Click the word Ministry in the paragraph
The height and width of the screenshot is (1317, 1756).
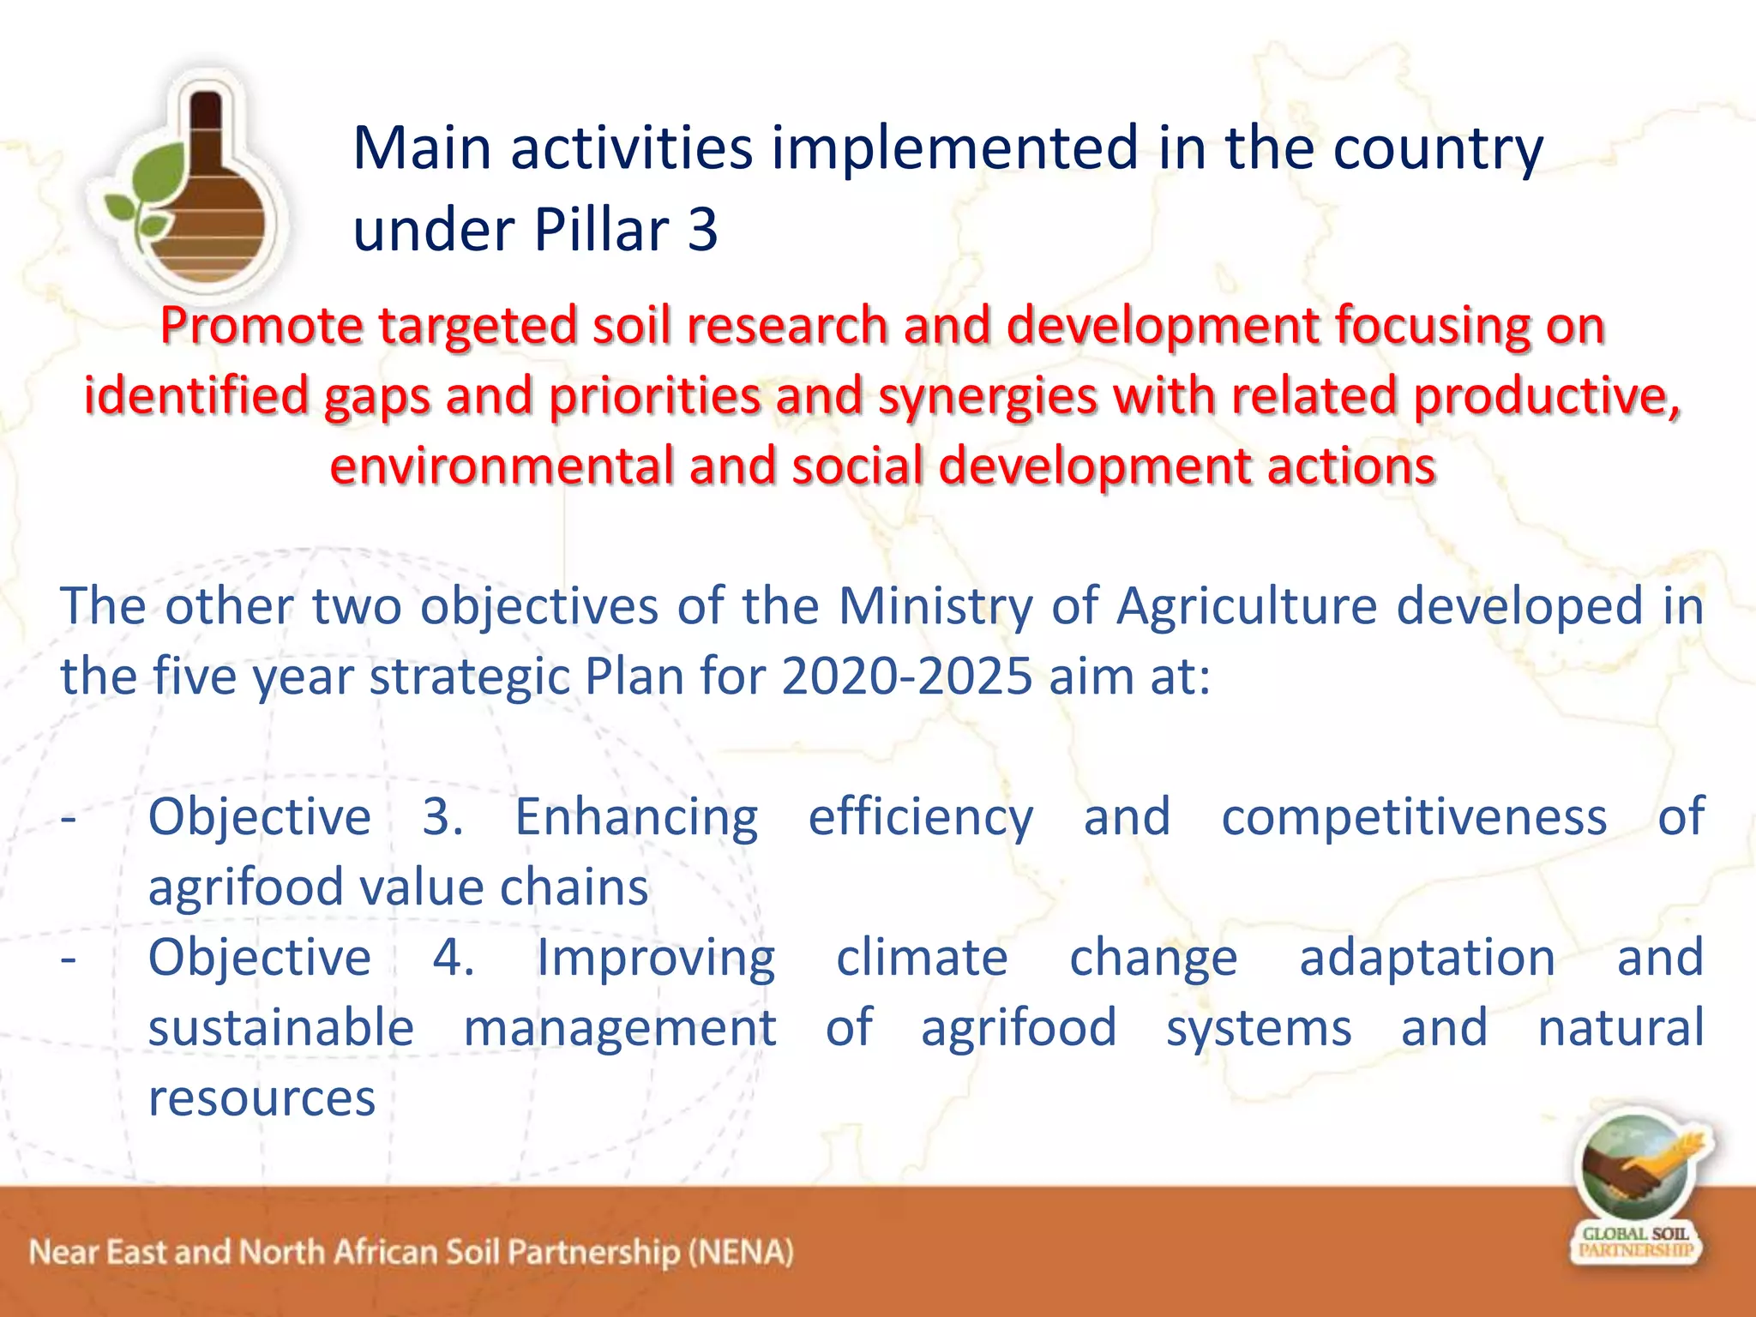pos(935,607)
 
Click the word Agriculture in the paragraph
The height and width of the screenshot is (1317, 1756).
pos(1247,607)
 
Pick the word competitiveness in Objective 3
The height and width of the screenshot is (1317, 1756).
pos(1414,817)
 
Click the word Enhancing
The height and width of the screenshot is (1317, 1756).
pos(636,817)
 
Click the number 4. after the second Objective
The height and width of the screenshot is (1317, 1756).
pos(453,958)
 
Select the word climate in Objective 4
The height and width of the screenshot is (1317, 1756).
pos(922,958)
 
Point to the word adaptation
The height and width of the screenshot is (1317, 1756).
pos(1427,958)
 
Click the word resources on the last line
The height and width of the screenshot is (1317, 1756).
pos(262,1098)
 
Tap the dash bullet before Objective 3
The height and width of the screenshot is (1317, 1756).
pos(69,817)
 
